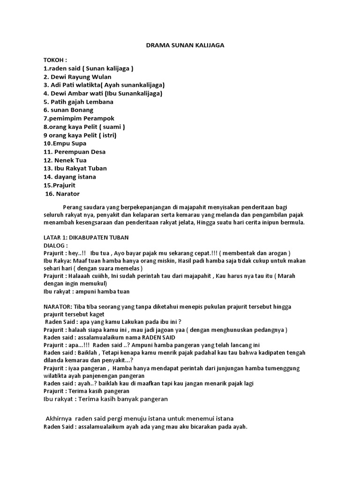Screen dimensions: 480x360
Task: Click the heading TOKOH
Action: pyautogui.click(x=55, y=60)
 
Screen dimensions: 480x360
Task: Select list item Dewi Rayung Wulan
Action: pyautogui.click(x=78, y=76)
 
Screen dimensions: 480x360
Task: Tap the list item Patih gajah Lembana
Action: pyautogui.click(x=78, y=102)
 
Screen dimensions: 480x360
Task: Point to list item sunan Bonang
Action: pyautogui.click(x=68, y=110)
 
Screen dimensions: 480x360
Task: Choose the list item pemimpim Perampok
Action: pyautogui.click(x=79, y=119)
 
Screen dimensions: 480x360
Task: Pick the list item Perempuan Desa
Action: pyautogui.click(x=75, y=152)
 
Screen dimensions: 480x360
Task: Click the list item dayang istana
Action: pyautogui.click(x=70, y=177)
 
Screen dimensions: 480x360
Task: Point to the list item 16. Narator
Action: pyautogui.click(x=62, y=194)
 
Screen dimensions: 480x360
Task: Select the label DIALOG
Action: pyautogui.click(x=56, y=245)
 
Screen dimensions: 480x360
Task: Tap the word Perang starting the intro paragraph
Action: pyautogui.click(x=72, y=207)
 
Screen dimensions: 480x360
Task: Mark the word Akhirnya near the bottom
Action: pyautogui.click(x=60, y=418)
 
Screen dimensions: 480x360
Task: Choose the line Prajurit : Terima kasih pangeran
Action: pyautogui.click(x=86, y=390)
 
